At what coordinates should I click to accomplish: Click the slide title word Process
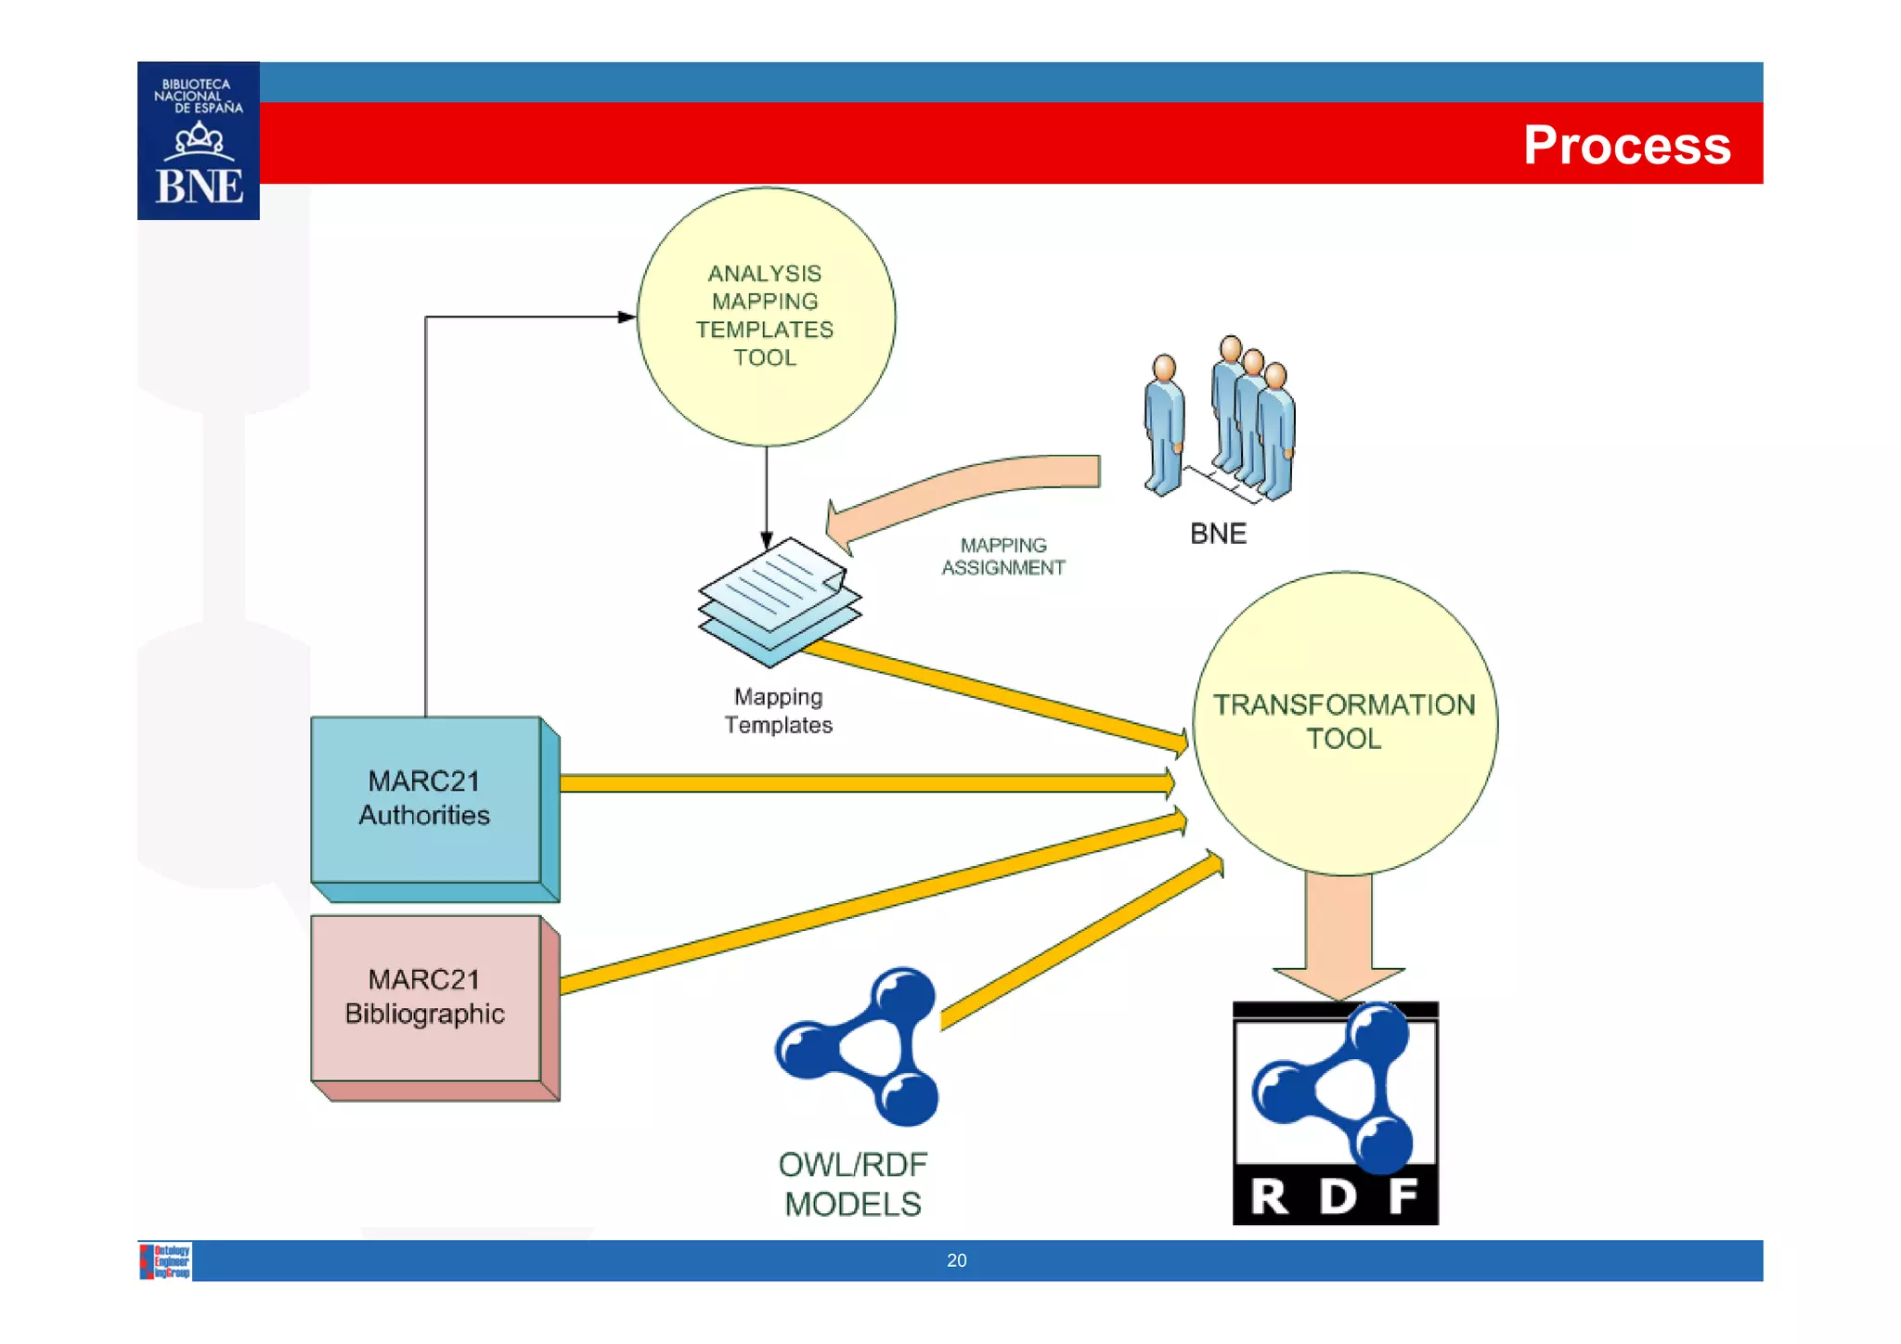pos(1626,145)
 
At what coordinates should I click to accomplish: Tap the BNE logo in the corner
pos(199,141)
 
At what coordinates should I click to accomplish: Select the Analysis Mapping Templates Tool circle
pos(766,316)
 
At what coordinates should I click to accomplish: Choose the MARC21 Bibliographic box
pos(425,997)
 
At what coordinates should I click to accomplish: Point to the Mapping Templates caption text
pos(778,711)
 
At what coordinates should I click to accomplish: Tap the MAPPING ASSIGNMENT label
pos(1002,557)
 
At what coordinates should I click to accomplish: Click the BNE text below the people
pos(1218,534)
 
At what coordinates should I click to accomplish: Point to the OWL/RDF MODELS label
pos(852,1184)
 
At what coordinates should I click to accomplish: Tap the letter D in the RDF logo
pos(1337,1196)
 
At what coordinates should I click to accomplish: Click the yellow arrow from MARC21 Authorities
pos(863,783)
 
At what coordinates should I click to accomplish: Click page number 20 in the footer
pos(956,1260)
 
